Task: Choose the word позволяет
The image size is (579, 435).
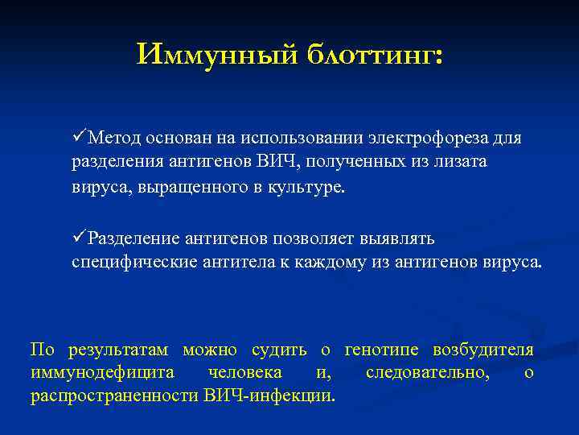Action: (x=313, y=238)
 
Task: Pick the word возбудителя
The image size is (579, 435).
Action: (x=482, y=350)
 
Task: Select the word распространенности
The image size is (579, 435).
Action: (x=113, y=396)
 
